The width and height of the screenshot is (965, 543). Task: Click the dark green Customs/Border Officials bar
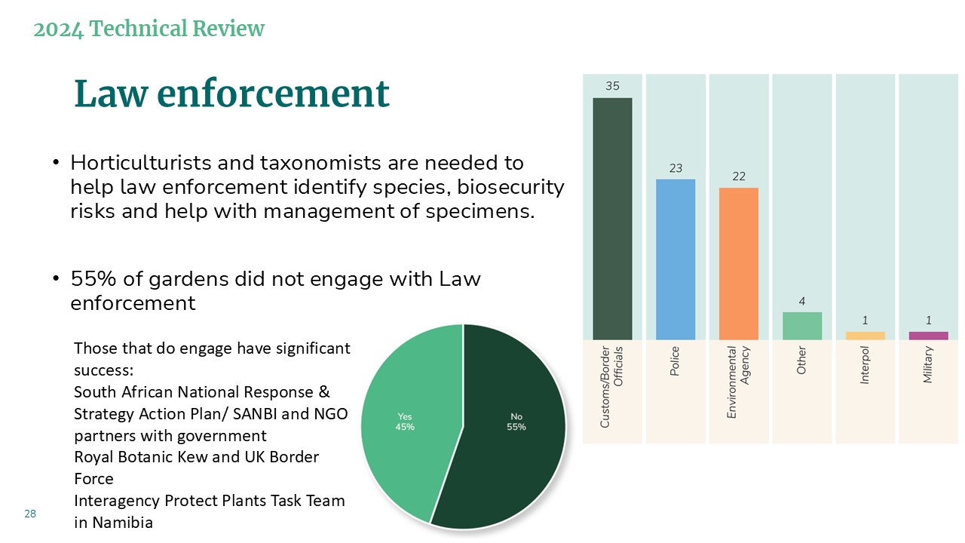(x=612, y=219)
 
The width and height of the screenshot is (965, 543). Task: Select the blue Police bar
(x=675, y=259)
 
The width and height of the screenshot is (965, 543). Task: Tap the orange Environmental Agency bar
(x=739, y=264)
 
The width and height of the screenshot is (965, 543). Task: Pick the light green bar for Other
(x=802, y=326)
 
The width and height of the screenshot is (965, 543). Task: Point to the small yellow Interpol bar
(x=865, y=336)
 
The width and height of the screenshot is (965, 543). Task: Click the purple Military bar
(x=928, y=336)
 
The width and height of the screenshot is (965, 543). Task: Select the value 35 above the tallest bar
(x=612, y=86)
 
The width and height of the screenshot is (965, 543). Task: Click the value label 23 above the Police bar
(x=675, y=168)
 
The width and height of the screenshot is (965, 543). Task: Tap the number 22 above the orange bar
(x=739, y=176)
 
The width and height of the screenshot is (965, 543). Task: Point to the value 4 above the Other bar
(x=801, y=301)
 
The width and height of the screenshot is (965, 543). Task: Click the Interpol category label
(x=865, y=365)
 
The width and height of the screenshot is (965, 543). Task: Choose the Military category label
(x=927, y=364)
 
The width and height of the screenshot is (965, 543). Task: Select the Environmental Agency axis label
(x=738, y=382)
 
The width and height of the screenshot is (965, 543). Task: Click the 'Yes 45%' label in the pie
(x=405, y=422)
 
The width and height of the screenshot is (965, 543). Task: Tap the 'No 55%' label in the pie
(x=516, y=422)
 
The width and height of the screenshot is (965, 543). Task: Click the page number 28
(x=30, y=514)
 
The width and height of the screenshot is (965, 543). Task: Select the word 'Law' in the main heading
(x=111, y=94)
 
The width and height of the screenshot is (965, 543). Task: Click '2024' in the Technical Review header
(x=58, y=29)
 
